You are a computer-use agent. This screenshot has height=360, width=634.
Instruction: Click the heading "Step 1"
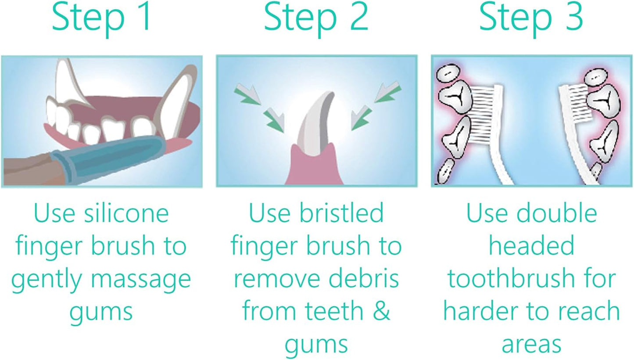101,17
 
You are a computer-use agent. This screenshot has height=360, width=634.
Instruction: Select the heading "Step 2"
316,17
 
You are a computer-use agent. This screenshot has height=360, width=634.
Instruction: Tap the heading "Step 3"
531,17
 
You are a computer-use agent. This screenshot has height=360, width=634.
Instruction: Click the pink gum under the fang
316,167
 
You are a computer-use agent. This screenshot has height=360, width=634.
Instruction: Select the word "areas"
531,344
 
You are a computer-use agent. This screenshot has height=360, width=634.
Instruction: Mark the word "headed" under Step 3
531,246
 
